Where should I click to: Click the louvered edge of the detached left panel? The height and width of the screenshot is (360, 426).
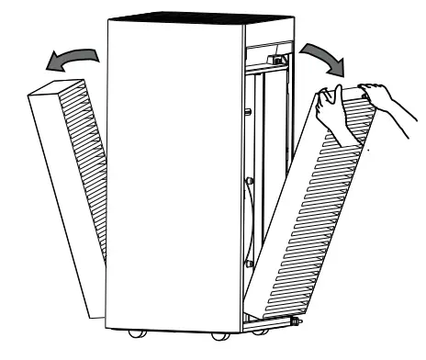(x=86, y=165)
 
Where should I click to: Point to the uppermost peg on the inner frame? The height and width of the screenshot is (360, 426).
(x=249, y=114)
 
